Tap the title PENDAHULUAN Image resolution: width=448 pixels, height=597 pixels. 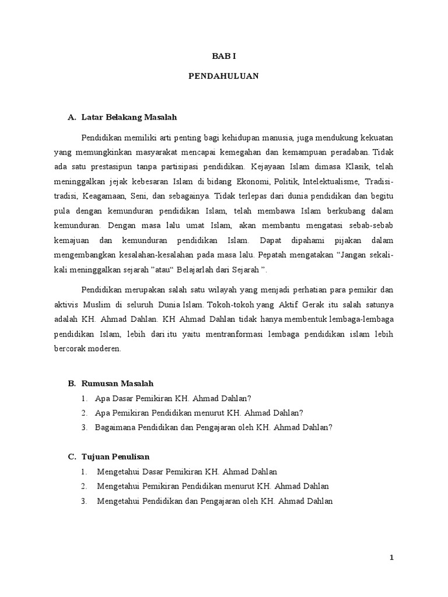[223, 76]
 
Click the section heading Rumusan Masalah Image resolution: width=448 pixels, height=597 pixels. [117, 383]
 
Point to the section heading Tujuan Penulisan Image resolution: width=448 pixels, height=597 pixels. [118, 456]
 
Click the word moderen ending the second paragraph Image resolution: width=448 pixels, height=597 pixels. [107, 349]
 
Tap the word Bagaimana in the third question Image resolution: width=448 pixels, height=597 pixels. [113, 427]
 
